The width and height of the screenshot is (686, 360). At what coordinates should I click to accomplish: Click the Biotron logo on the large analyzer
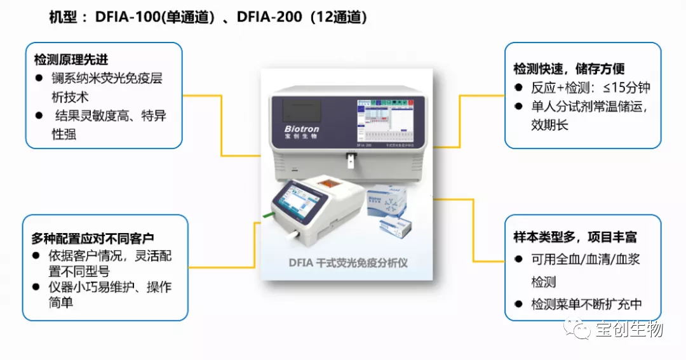[x=302, y=129]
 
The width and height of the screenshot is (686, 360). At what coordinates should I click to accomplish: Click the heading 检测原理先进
[x=71, y=60]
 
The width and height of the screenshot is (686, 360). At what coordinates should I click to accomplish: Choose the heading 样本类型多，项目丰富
[x=575, y=237]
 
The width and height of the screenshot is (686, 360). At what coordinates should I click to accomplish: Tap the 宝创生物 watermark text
[x=629, y=329]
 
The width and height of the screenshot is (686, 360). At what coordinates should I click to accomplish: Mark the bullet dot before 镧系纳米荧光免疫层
[x=39, y=79]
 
